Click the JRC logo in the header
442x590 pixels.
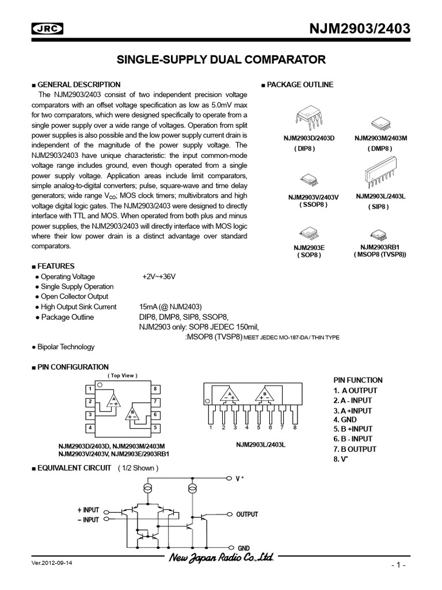tap(47, 28)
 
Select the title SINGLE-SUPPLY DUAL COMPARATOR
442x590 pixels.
tap(222, 59)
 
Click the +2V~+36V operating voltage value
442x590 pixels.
tap(158, 277)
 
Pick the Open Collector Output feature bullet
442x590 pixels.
tap(75, 296)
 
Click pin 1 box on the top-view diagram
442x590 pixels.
tap(90, 389)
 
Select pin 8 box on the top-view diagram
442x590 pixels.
tap(155, 389)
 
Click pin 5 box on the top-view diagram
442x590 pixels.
tap(155, 428)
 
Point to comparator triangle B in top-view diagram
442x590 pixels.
tap(132, 414)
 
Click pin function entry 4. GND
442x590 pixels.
tap(348, 419)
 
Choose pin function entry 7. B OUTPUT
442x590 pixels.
tap(355, 449)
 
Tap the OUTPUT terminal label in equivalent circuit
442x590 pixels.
tap(247, 514)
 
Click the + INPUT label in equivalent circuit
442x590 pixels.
tap(88, 510)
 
